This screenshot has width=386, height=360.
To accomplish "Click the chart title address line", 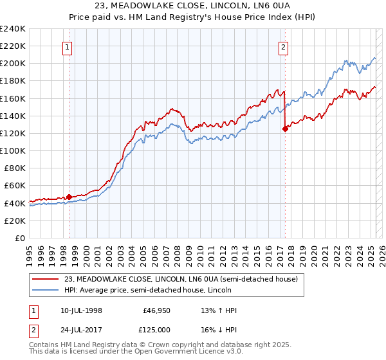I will point(192,6).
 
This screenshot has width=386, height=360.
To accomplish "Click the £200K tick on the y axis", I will point(13,64).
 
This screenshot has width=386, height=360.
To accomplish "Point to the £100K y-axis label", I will point(13,150).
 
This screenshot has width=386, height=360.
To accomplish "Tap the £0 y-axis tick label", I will point(20,238).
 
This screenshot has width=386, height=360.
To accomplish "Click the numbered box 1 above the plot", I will point(68,46).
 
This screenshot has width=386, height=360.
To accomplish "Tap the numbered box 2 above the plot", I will point(284,46).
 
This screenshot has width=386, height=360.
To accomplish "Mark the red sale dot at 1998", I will point(69,197).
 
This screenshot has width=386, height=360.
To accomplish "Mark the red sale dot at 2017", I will point(285,129).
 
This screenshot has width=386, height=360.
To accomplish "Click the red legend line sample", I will point(46,280).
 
